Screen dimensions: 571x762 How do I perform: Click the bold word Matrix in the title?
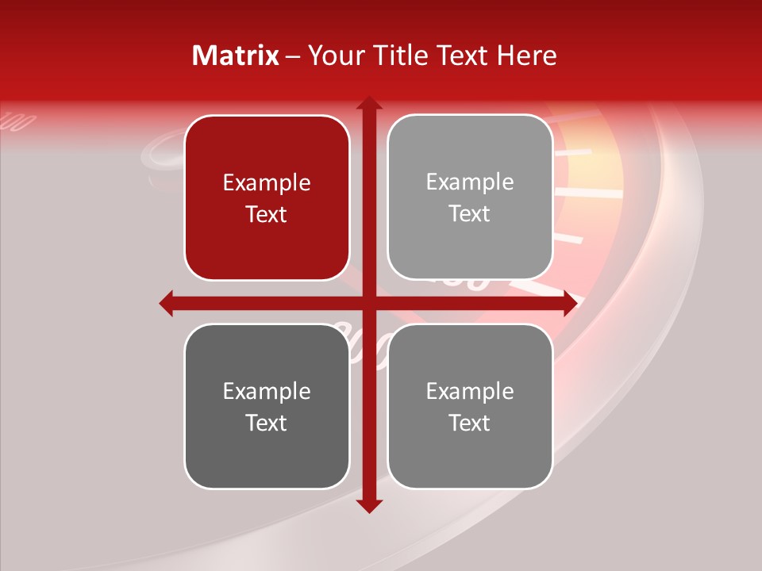[236, 56]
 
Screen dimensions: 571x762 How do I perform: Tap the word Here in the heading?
[527, 56]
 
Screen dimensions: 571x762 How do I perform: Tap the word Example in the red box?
[267, 183]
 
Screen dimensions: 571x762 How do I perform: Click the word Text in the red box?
[267, 214]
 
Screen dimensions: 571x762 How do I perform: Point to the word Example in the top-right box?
[470, 182]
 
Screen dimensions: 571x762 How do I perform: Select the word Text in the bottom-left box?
[267, 423]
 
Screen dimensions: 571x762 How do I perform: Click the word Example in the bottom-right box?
[470, 391]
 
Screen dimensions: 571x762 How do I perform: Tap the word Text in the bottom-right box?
[470, 423]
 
